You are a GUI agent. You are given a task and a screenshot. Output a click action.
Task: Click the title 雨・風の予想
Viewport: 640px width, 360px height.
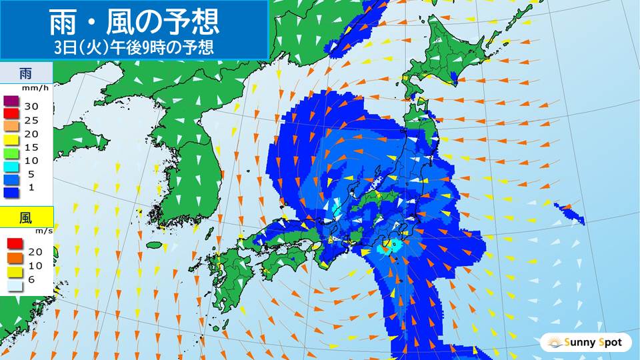[134, 23]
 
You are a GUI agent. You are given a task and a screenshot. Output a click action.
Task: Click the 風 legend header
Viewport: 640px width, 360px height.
[26, 217]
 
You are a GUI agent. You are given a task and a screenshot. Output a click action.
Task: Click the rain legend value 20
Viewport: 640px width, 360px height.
[31, 134]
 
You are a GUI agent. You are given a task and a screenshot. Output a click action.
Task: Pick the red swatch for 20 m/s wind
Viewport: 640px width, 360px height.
[14, 244]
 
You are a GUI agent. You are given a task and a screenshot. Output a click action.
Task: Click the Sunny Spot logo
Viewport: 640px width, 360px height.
[585, 343]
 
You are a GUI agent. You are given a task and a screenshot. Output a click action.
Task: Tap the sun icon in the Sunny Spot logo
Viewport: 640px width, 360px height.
[553, 343]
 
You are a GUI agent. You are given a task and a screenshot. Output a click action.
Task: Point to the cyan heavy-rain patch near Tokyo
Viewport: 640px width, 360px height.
[385, 249]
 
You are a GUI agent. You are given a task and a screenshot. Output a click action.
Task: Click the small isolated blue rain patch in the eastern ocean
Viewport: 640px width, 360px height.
[570, 213]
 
